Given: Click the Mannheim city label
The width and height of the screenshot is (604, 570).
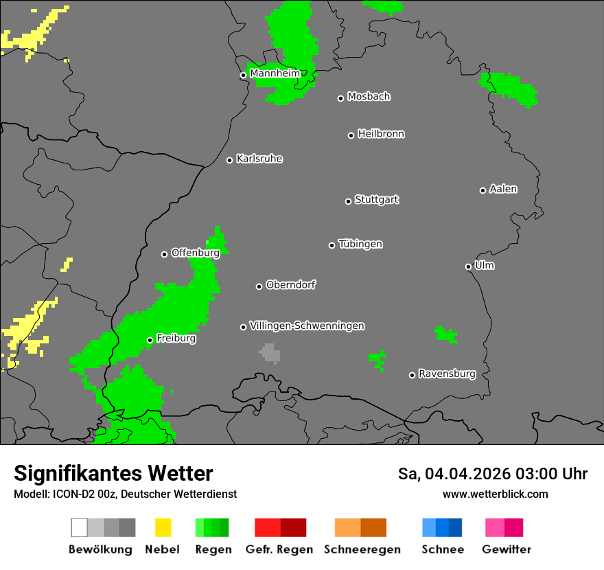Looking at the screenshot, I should click(x=275, y=73).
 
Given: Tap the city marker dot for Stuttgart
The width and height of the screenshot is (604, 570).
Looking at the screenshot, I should click(x=348, y=201).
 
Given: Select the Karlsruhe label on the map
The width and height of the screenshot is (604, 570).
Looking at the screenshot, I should click(x=259, y=159).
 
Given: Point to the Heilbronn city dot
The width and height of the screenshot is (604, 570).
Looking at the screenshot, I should click(x=351, y=135).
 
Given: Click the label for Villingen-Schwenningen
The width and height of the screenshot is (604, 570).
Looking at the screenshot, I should click(x=307, y=326).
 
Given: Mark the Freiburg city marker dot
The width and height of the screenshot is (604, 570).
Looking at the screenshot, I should click(x=150, y=340).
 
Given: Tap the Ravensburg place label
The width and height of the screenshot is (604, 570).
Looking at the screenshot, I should click(x=447, y=374).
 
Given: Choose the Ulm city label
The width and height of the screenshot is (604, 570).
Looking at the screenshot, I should click(x=484, y=265).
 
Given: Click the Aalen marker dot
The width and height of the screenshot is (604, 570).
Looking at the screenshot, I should click(x=483, y=190).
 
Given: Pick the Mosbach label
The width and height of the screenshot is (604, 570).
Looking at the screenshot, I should click(x=369, y=97).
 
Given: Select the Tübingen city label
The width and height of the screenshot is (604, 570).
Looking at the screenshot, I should click(x=360, y=244).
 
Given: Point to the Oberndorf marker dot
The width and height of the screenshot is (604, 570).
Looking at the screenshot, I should click(x=259, y=286).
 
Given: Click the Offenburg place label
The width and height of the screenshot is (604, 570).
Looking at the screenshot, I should click(x=195, y=253).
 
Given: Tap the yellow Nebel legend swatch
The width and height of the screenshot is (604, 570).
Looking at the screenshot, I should click(x=163, y=527).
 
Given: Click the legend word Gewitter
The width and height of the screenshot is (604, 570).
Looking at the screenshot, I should click(x=506, y=549).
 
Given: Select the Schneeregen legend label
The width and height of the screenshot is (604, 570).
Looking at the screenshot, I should click(x=362, y=549).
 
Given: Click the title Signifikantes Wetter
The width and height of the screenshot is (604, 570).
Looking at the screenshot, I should click(x=113, y=473).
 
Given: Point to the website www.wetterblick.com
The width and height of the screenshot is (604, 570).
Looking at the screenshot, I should click(x=495, y=494).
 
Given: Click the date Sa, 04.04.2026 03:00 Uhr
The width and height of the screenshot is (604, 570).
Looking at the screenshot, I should click(x=492, y=474).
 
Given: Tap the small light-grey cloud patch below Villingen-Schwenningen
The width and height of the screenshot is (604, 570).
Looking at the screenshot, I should click(x=270, y=353).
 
